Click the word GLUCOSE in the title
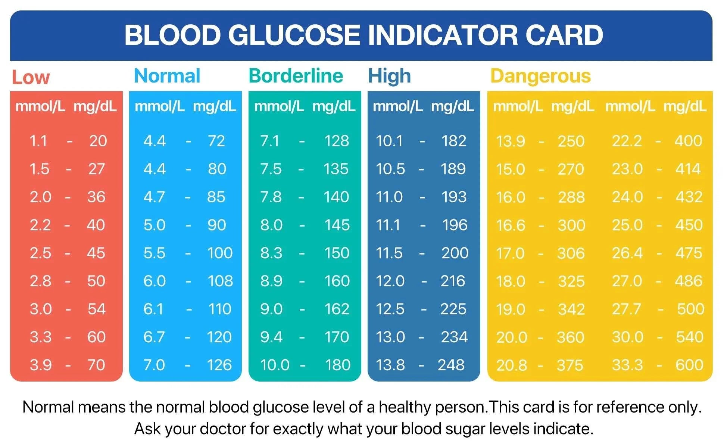(294, 35)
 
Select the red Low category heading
(31, 77)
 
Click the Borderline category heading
(296, 76)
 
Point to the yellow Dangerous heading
(540, 76)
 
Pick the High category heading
(389, 76)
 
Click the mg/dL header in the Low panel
(95, 107)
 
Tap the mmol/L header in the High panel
(397, 107)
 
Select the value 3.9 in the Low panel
(40, 365)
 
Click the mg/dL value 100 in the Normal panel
(219, 253)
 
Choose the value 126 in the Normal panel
(219, 365)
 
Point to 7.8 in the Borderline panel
(271, 197)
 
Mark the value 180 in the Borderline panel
(337, 365)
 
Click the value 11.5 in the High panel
(389, 253)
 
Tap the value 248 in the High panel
(451, 365)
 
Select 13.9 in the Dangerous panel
(510, 141)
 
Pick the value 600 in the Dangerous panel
(689, 365)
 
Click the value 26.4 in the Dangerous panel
(627, 253)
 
